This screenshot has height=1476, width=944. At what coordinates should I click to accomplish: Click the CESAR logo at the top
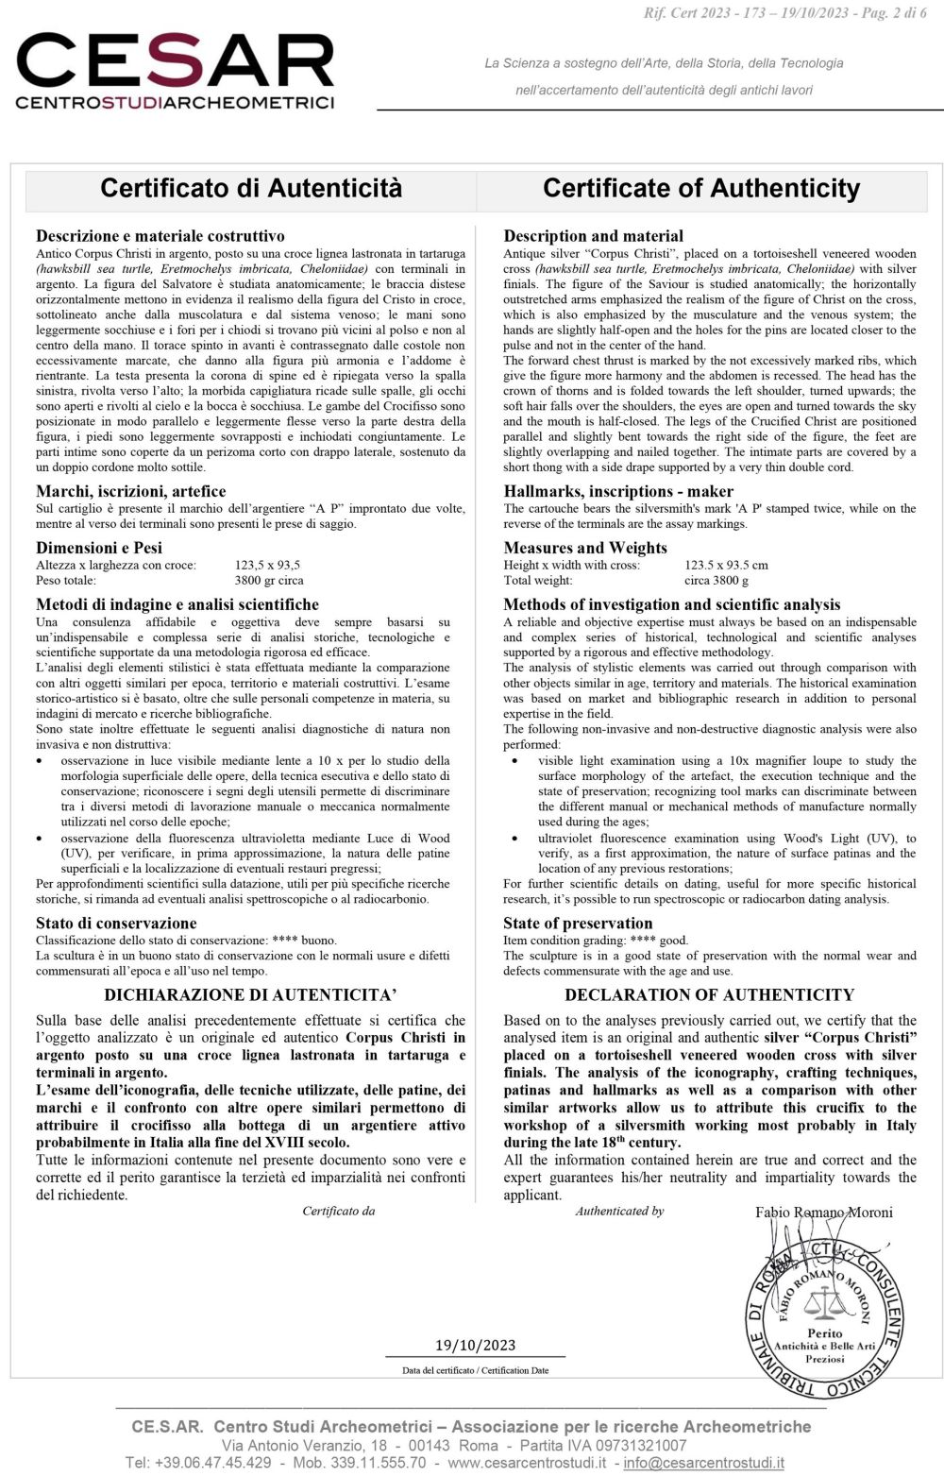click(x=175, y=71)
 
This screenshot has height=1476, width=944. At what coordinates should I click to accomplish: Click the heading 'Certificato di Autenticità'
click(x=251, y=188)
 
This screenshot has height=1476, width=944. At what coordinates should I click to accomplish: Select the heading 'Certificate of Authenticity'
click(x=700, y=188)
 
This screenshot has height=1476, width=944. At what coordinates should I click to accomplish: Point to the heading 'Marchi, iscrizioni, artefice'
click(x=130, y=491)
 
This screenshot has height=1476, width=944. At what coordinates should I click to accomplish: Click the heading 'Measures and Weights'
click(x=584, y=548)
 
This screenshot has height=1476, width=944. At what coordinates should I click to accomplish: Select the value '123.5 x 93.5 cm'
click(x=726, y=565)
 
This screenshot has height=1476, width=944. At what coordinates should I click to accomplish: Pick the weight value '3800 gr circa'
click(x=268, y=580)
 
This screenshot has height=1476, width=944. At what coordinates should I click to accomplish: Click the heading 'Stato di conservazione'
click(x=116, y=924)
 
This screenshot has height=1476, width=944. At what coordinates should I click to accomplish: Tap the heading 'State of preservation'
click(x=578, y=924)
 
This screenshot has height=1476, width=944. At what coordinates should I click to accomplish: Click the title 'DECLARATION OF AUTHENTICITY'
click(x=709, y=994)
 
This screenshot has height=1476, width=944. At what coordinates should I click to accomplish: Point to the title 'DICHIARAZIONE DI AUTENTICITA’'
click(x=250, y=994)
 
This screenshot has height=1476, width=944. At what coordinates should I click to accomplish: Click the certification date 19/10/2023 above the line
click(x=475, y=1345)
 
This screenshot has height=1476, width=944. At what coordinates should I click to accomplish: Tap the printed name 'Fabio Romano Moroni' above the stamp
click(x=823, y=1213)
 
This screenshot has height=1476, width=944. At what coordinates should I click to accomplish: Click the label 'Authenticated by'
click(x=619, y=1211)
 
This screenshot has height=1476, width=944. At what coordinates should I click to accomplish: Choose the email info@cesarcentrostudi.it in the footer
click(x=703, y=1463)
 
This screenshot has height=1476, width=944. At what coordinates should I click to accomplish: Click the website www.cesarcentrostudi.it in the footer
click(x=527, y=1463)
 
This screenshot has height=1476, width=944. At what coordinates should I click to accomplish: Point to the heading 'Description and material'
click(x=593, y=236)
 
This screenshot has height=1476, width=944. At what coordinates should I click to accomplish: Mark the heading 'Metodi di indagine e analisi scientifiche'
click(x=177, y=604)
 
